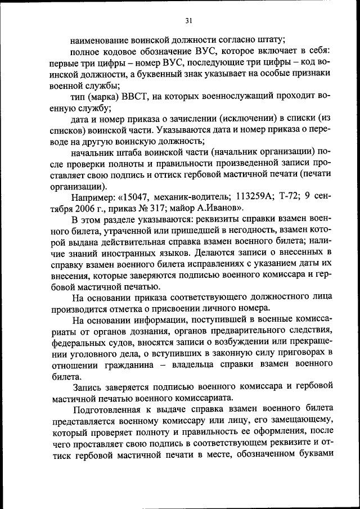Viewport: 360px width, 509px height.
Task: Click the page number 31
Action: click(188, 20)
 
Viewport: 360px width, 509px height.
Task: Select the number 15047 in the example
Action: click(136, 197)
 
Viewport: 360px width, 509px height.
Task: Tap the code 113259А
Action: click(247, 197)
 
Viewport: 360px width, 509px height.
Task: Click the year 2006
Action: click(85, 208)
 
